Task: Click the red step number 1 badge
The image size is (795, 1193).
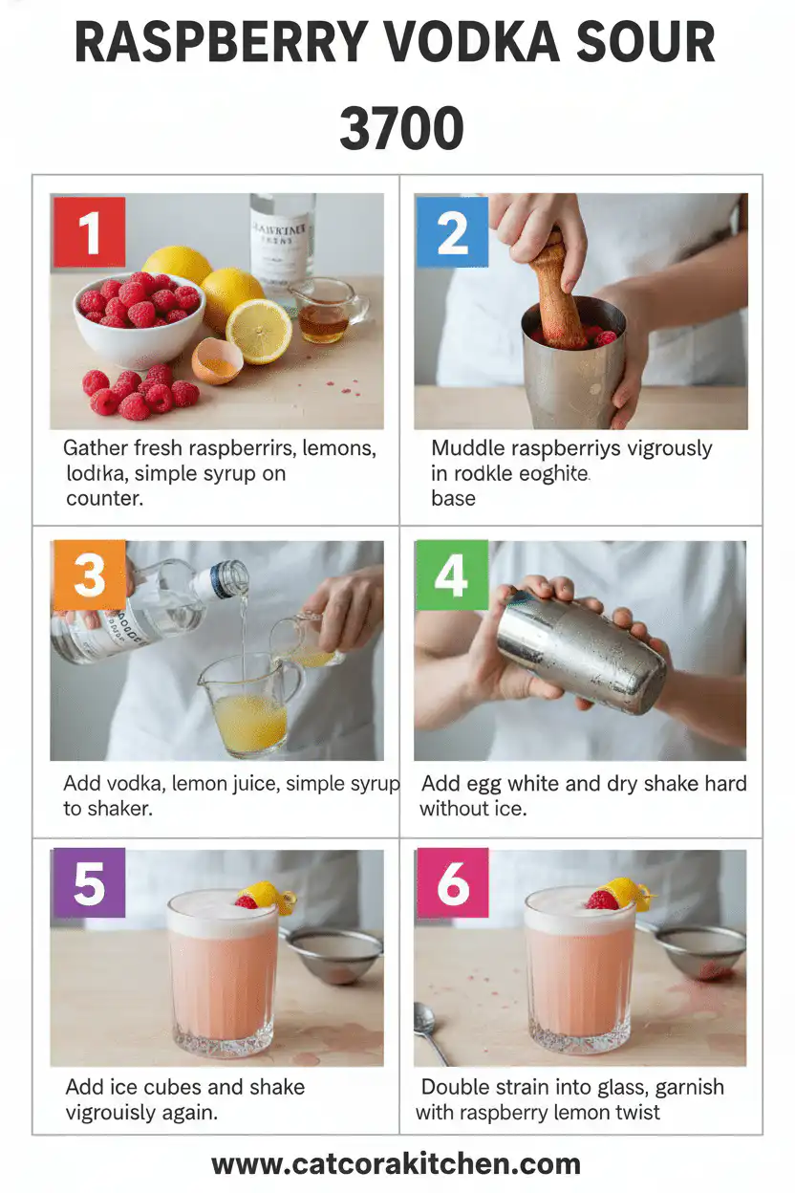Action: pyautogui.click(x=89, y=232)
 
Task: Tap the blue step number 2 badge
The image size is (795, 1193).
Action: pyautogui.click(x=452, y=232)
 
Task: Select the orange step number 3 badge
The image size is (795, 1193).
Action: pyautogui.click(x=89, y=575)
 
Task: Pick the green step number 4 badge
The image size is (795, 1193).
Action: pyautogui.click(x=452, y=575)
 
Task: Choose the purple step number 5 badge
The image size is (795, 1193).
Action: pyautogui.click(x=89, y=884)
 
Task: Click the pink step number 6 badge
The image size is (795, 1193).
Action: pyautogui.click(x=452, y=884)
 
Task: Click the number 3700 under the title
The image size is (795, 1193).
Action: pyautogui.click(x=401, y=130)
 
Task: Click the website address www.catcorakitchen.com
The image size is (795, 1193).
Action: pyautogui.click(x=396, y=1163)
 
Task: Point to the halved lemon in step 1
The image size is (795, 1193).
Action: pyautogui.click(x=258, y=331)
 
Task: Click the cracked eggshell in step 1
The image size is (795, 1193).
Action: pyautogui.click(x=216, y=362)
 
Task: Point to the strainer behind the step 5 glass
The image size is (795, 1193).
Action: pyautogui.click(x=335, y=953)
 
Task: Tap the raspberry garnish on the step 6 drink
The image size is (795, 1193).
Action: pyautogui.click(x=602, y=900)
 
